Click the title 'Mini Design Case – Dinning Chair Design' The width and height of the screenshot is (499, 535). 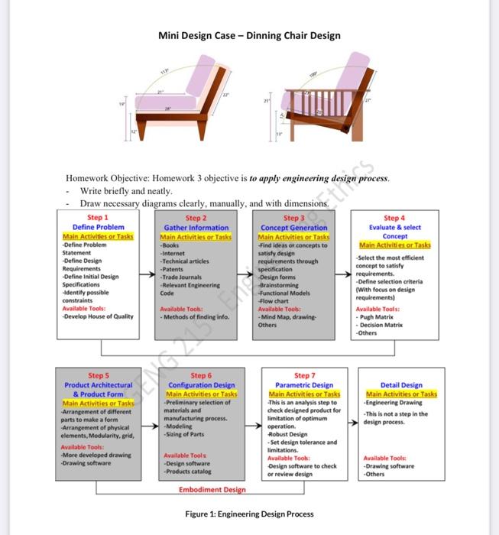249,35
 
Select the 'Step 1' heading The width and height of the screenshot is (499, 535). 98,218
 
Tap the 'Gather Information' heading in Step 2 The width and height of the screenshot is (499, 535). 196,228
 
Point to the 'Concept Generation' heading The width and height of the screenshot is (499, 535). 294,228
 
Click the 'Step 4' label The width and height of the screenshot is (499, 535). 394,218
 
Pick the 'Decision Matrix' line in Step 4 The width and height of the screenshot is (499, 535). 382,325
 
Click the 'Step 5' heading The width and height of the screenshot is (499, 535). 99,375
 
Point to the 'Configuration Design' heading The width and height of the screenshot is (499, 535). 201,385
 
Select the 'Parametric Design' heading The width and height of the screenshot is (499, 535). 303,385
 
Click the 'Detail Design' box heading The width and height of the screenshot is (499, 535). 400,385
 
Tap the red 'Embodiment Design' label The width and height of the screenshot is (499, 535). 212,489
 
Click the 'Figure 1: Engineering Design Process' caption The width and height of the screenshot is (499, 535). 249,514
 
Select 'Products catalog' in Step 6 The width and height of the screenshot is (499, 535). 186,471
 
